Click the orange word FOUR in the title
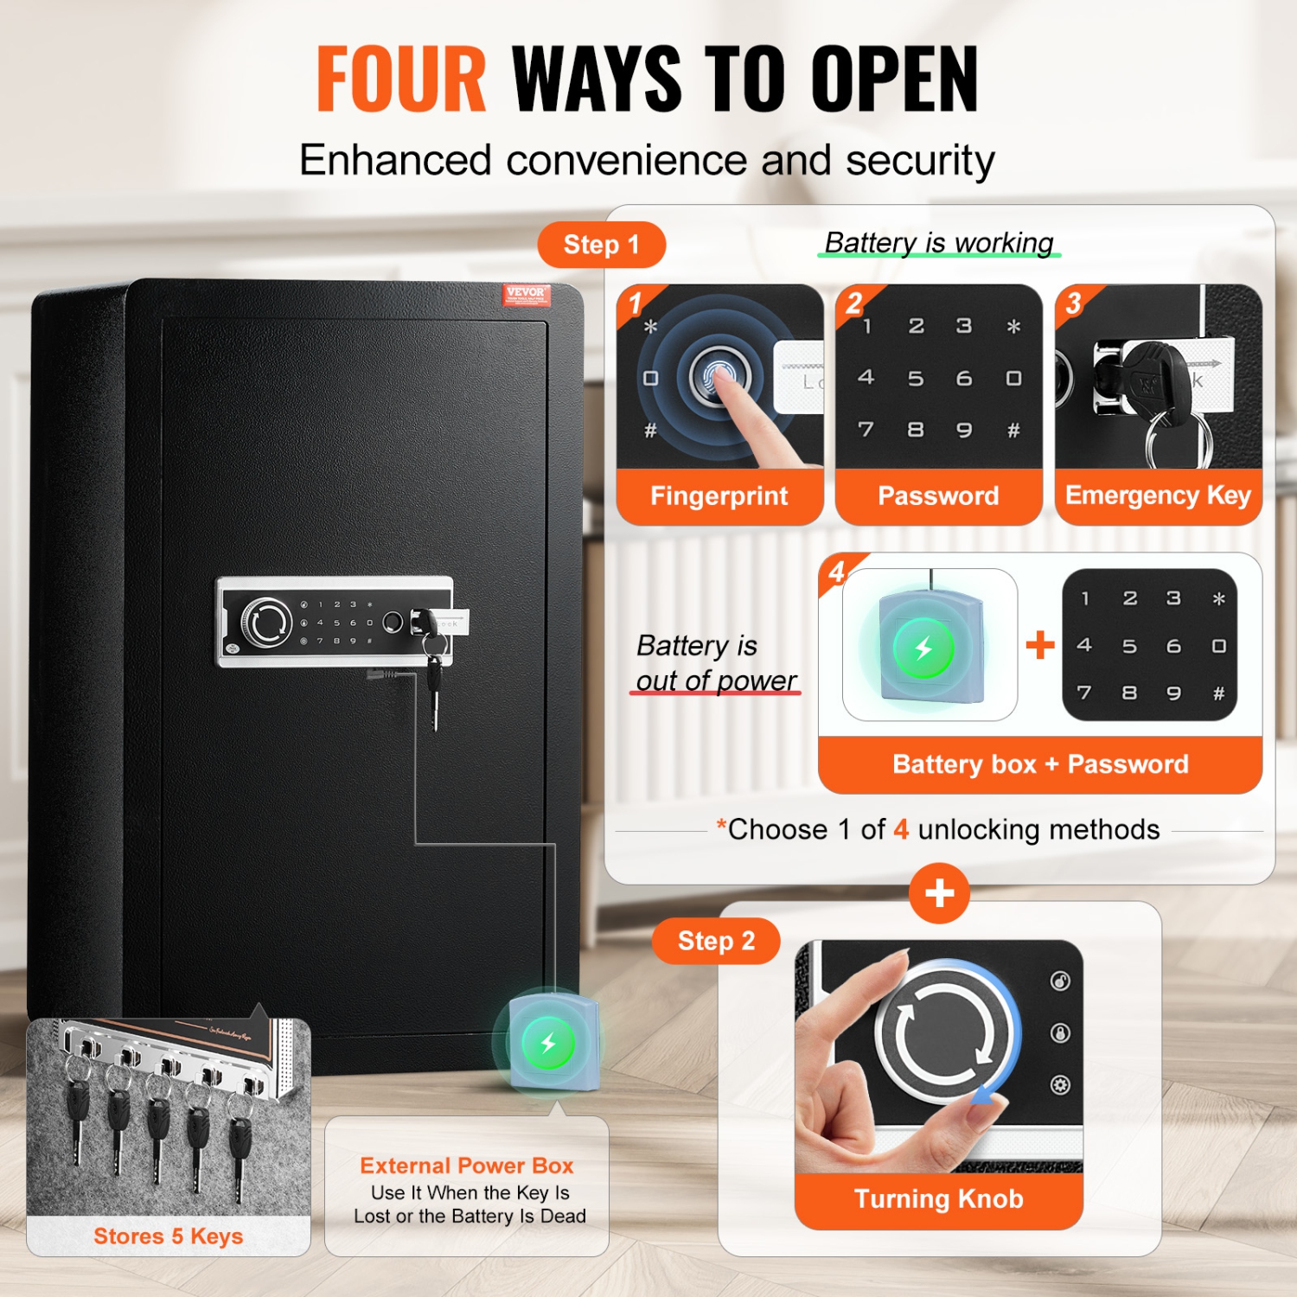pos(401,80)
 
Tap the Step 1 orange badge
pos(601,245)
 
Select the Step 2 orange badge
pos(716,941)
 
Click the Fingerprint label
pos(719,495)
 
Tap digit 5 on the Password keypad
pos(915,379)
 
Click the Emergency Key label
pos(1158,495)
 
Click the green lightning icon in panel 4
pos(923,648)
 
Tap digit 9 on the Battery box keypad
pos(1173,693)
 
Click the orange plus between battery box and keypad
pos(1040,645)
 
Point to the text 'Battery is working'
pos(939,243)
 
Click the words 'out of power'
pos(716,680)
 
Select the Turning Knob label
pos(938,1198)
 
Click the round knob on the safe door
pos(265,622)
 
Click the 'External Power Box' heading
pos(467,1166)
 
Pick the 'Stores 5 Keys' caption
pos(169,1236)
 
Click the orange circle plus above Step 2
pos(939,893)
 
